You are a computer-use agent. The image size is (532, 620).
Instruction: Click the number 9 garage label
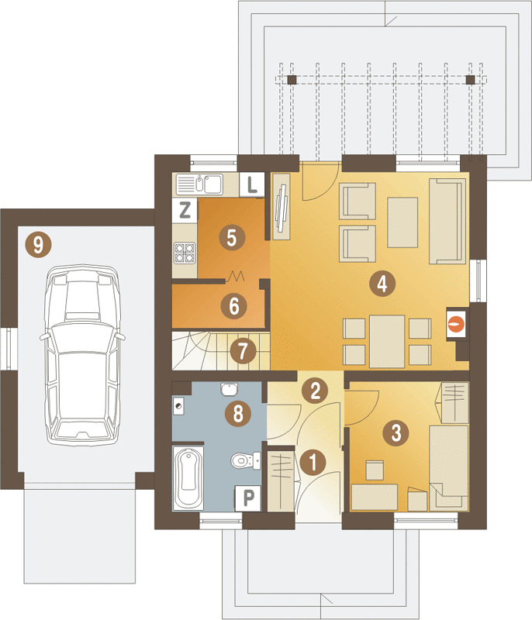(x=38, y=245)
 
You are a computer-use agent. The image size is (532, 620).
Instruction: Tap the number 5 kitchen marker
(x=232, y=237)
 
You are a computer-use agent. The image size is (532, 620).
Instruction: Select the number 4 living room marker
(x=382, y=283)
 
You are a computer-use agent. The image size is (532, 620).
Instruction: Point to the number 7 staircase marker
(x=243, y=351)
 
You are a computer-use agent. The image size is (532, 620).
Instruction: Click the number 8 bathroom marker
(x=238, y=414)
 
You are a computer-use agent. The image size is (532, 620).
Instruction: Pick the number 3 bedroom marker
(x=396, y=432)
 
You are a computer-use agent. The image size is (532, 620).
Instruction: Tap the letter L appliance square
(x=252, y=184)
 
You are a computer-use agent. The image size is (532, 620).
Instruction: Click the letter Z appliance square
(x=185, y=209)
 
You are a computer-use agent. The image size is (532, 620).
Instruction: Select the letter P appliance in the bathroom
(x=248, y=498)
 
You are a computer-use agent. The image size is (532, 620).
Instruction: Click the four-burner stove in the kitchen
(x=185, y=253)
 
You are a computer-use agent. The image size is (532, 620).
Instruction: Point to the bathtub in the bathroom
(x=188, y=478)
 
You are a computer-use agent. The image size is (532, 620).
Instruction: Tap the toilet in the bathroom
(x=246, y=460)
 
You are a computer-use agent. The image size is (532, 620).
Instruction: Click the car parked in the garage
(x=82, y=355)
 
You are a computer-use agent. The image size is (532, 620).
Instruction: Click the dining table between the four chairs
(x=387, y=341)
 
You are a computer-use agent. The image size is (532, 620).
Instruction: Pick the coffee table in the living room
(x=402, y=222)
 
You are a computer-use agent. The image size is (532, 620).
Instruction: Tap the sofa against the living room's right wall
(x=447, y=221)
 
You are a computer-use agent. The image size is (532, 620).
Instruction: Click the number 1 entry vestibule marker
(x=313, y=462)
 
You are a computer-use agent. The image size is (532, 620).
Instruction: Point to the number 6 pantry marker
(x=233, y=305)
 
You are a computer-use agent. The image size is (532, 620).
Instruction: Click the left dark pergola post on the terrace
(x=292, y=80)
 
